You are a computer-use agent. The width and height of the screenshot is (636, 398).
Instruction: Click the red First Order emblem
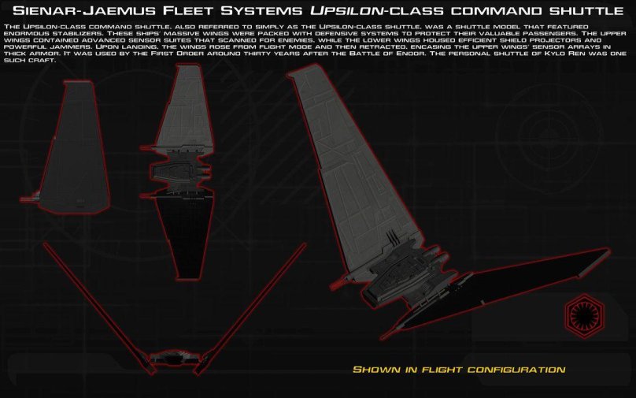(583, 315)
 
